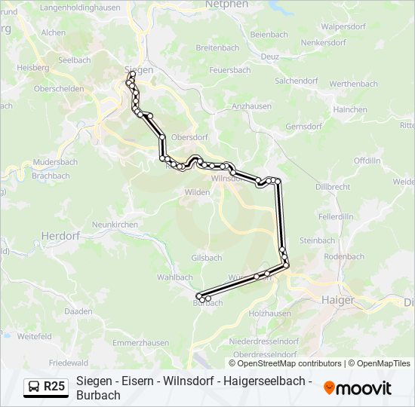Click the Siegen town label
(141, 69)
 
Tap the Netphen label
(226, 5)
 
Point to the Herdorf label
(60, 235)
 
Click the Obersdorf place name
(189, 137)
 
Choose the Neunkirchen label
(114, 225)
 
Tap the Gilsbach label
(206, 258)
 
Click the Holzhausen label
(269, 313)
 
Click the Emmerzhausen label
(140, 343)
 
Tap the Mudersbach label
(55, 162)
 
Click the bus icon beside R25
(34, 387)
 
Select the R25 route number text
(54, 387)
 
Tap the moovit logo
(358, 388)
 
